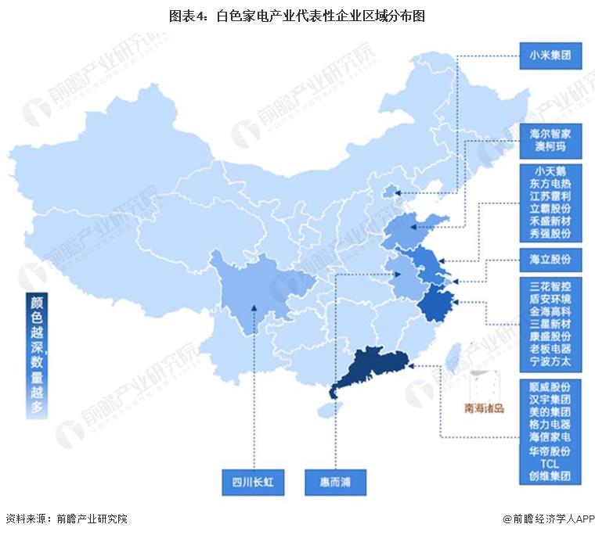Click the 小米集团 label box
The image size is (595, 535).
(x=549, y=56)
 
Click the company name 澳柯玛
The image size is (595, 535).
(x=549, y=146)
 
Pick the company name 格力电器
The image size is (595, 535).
(x=549, y=424)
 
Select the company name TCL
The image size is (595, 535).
(x=549, y=462)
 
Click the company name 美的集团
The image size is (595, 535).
(x=549, y=411)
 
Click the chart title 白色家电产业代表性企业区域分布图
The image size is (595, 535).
(x=297, y=15)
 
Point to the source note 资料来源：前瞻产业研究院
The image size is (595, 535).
(x=66, y=519)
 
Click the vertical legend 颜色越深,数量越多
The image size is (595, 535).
(x=37, y=356)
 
